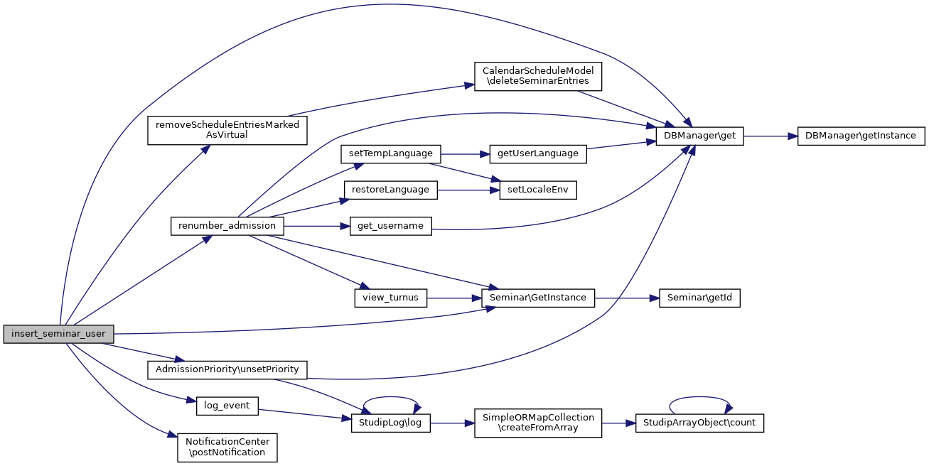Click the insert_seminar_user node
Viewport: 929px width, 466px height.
click(58, 334)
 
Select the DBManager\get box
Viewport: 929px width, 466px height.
click(699, 136)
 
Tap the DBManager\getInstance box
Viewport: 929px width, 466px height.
click(861, 136)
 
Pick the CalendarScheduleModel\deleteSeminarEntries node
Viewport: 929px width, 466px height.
click(537, 76)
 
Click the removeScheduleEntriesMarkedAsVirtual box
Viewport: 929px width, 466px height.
click(227, 129)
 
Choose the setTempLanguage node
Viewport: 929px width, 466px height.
click(391, 153)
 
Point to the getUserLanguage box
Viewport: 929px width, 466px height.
click(538, 153)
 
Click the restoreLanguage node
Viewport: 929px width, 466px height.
click(390, 190)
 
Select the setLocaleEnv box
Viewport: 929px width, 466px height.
click(537, 190)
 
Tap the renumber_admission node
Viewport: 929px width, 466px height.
click(227, 226)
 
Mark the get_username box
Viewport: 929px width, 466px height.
click(390, 226)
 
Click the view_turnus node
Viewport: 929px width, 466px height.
click(390, 298)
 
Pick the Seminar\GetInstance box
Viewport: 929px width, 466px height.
click(537, 298)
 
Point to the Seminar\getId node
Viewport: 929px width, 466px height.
click(699, 298)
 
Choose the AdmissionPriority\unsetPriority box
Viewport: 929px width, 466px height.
click(227, 369)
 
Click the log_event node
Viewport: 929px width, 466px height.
click(227, 406)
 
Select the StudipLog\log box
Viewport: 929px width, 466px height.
click(390, 423)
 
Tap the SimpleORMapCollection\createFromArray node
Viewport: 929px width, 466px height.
click(537, 423)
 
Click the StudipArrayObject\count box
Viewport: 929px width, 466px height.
click(699, 423)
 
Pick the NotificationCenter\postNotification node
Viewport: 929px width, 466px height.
click(227, 448)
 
